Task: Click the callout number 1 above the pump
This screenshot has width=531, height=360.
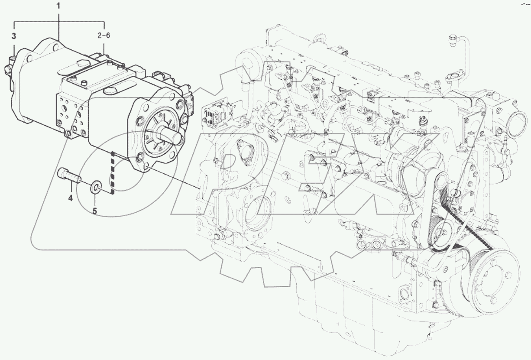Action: [58, 7]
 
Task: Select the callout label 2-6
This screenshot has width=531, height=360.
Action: [103, 36]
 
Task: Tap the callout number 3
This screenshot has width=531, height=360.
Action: [14, 36]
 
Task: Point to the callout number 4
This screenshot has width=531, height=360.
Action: [70, 198]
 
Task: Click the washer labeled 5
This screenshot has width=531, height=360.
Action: [95, 187]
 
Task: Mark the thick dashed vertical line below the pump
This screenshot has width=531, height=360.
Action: [112, 173]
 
